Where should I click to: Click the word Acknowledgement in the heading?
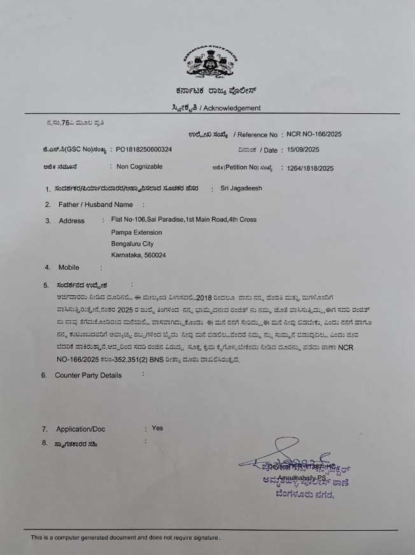click(232, 108)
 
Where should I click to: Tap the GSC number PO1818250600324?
click(143, 150)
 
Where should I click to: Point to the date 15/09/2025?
click(302, 150)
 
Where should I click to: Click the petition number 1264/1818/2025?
click(311, 169)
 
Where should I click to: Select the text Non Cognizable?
click(139, 167)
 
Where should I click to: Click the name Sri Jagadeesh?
click(241, 188)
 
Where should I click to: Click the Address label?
click(71, 221)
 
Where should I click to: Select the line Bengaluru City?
click(132, 244)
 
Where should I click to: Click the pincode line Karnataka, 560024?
click(139, 255)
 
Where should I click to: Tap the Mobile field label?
click(69, 267)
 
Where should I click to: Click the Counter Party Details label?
click(88, 376)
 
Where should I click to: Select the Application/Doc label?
click(81, 430)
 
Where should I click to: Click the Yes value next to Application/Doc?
click(157, 428)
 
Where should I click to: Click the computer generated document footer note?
click(125, 538)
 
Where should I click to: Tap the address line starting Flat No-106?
click(184, 220)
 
